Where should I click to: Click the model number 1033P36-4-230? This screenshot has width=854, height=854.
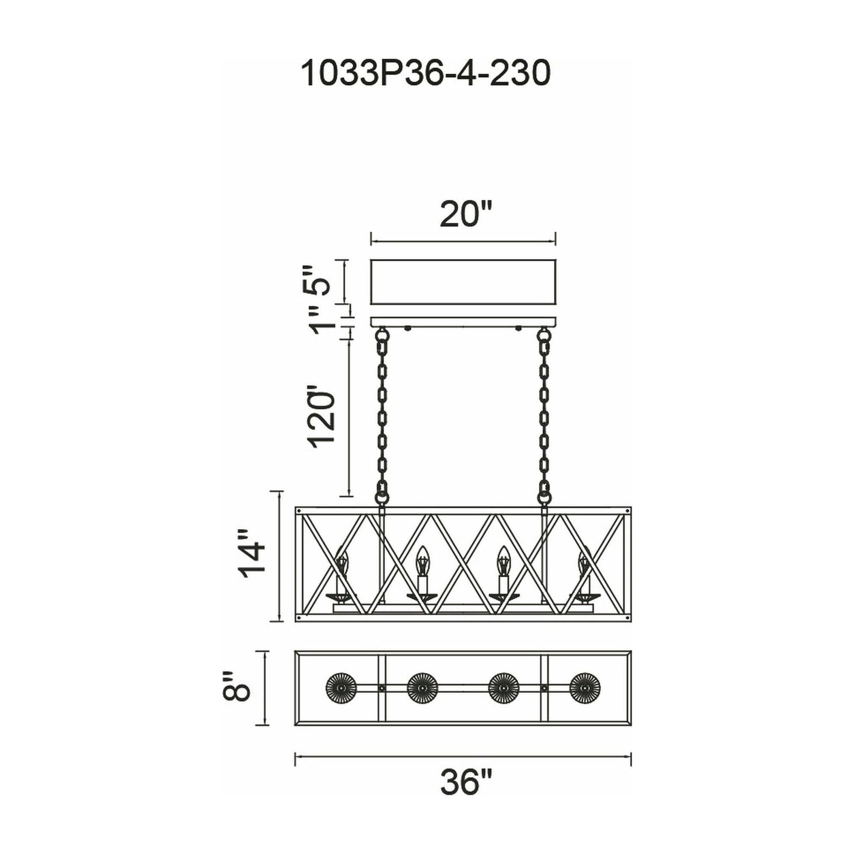click(x=426, y=74)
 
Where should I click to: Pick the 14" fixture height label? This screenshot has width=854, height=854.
click(x=252, y=554)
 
